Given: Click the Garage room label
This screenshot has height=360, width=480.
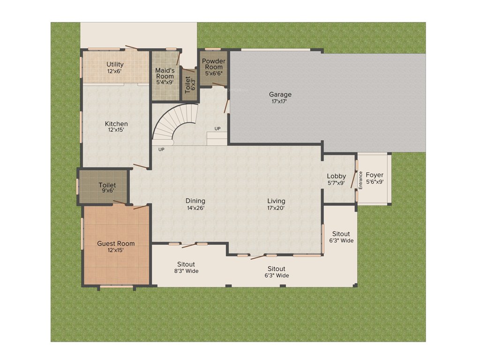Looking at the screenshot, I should (x=280, y=94).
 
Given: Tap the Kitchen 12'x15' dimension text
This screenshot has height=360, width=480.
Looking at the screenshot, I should (x=116, y=130).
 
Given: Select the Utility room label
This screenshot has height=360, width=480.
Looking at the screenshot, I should (x=115, y=64).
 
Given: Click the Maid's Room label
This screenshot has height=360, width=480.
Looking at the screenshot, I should (x=165, y=73).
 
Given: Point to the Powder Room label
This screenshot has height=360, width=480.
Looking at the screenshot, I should (x=213, y=64).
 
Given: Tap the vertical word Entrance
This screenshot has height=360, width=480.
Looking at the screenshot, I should (x=360, y=180).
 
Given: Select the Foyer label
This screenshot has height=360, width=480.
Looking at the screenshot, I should (x=375, y=175).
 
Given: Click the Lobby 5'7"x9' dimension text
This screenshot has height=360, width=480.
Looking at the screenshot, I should (x=337, y=183).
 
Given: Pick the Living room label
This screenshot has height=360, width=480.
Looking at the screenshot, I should (x=277, y=201).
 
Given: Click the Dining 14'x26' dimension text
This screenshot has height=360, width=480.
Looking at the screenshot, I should (x=195, y=207).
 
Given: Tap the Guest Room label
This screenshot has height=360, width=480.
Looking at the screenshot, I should (x=116, y=243).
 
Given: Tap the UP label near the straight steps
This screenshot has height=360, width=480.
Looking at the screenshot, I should (x=217, y=128).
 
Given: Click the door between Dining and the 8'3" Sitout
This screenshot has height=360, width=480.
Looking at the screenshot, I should (x=189, y=245).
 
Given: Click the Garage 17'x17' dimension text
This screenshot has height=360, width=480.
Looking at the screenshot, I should (x=280, y=101).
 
